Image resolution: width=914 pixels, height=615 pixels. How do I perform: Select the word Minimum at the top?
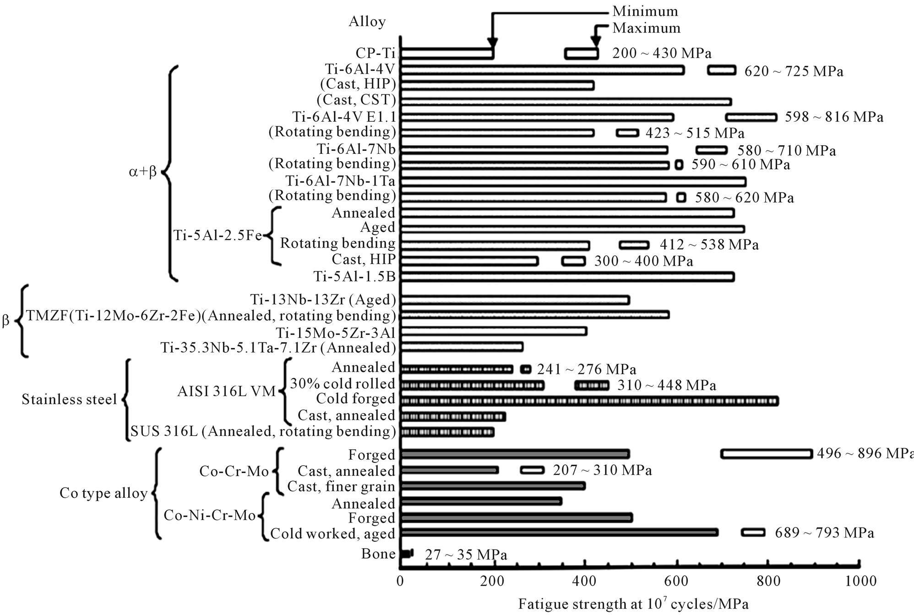645,11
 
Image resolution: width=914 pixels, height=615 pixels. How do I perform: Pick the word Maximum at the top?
646,28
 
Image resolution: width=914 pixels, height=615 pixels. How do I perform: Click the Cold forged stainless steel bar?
589,401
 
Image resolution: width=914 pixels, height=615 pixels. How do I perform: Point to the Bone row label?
378,554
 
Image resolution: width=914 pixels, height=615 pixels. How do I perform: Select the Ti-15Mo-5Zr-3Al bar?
494,331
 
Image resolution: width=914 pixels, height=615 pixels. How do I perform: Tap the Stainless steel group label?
69,400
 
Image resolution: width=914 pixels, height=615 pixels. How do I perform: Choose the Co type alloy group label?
103,494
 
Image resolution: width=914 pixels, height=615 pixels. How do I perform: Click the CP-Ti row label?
375,53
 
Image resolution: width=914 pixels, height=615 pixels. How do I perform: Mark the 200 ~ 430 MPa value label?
662,54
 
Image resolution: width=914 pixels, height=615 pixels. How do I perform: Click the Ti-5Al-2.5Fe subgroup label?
218,235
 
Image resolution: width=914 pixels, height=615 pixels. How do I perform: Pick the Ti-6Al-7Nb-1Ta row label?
340,181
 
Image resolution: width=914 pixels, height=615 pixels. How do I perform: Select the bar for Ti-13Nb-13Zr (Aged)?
515,300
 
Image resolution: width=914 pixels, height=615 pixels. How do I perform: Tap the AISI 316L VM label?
226,392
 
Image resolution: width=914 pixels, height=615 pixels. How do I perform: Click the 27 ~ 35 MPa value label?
466,555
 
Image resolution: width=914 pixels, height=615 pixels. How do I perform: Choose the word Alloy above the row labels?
367,22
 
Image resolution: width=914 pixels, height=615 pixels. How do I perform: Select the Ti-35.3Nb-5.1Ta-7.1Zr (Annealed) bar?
462,347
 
